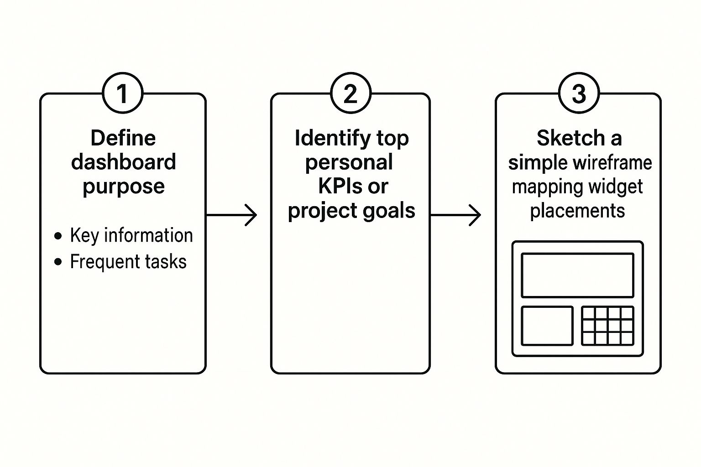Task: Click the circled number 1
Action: tap(122, 93)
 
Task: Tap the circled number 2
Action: tap(350, 93)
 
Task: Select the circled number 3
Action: tap(579, 93)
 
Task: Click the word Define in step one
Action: tap(123, 138)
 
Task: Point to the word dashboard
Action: tap(123, 162)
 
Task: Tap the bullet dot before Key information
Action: tap(58, 236)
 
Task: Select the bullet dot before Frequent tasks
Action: tap(58, 262)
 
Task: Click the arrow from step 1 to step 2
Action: tap(232, 215)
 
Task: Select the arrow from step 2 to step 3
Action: tap(456, 215)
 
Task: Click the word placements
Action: tap(577, 211)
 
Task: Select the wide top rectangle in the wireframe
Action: tap(577, 275)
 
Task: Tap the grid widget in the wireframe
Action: tap(607, 326)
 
